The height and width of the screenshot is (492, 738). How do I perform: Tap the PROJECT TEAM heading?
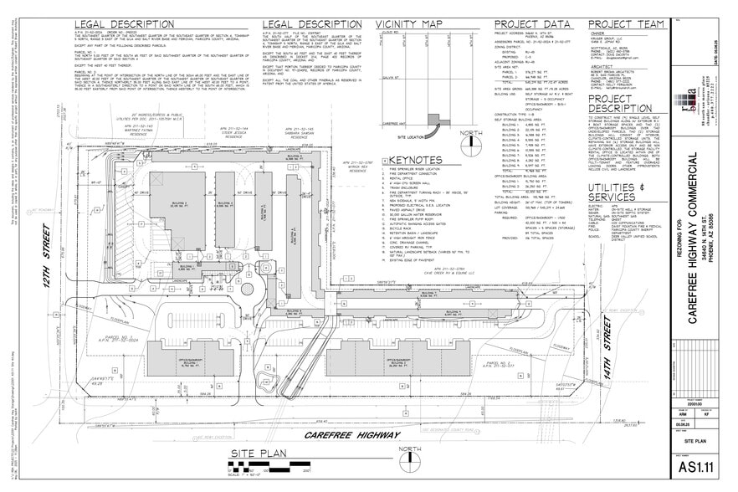(624, 23)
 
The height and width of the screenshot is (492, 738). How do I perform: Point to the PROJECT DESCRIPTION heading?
(625, 101)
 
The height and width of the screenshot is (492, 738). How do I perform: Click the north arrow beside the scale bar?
(410, 460)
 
